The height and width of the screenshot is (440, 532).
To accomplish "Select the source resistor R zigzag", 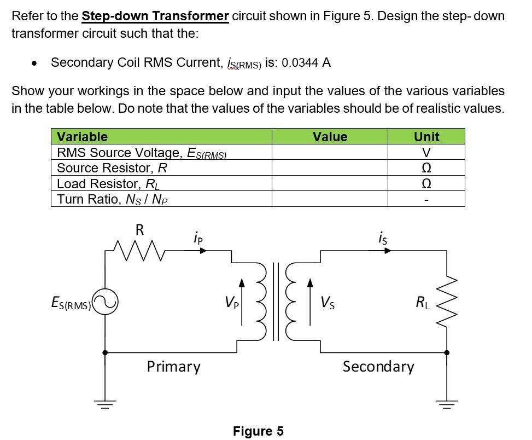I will click(139, 251).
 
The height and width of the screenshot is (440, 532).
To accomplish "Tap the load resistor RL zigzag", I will click(447, 302).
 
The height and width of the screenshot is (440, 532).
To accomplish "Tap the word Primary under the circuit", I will click(173, 366).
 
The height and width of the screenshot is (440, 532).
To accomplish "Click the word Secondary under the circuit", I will click(378, 366).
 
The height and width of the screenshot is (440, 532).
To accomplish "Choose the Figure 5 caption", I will click(258, 431).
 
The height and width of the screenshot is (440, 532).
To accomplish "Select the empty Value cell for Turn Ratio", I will click(330, 199).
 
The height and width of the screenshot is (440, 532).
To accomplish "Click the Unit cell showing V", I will click(426, 152).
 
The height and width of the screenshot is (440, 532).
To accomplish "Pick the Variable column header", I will click(82, 136).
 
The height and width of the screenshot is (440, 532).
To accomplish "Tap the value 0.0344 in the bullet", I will click(301, 62).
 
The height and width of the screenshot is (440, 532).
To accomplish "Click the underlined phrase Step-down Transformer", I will click(155, 15).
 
